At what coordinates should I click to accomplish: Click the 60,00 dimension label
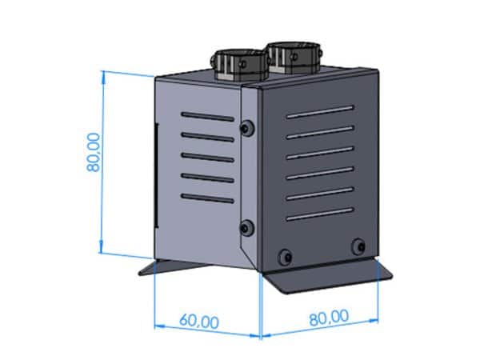[x=199, y=321]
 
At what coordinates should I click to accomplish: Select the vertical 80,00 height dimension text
[x=94, y=152]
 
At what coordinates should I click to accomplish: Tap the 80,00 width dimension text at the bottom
[x=329, y=318]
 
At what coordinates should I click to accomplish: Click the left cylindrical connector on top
[x=239, y=65]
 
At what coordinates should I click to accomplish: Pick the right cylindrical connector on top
[x=294, y=58]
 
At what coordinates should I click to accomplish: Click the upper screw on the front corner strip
[x=247, y=128]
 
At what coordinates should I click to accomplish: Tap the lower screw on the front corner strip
[x=246, y=228]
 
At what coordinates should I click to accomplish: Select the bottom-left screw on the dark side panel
[x=285, y=257]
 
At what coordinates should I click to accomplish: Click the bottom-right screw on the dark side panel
[x=358, y=246]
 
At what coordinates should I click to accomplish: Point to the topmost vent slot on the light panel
[x=207, y=117]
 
